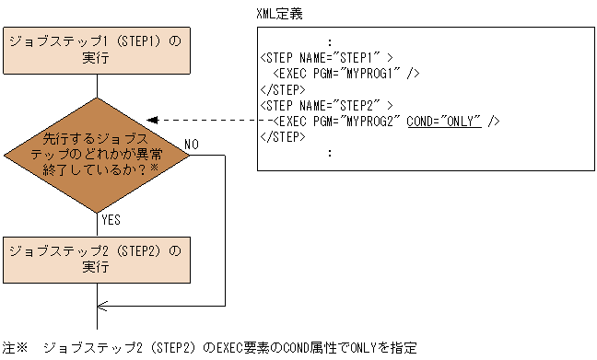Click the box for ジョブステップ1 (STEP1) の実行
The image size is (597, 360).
pos(96,50)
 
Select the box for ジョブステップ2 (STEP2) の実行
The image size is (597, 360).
pos(96,259)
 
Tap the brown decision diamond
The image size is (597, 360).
pos(96,154)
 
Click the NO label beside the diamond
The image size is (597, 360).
pos(192,145)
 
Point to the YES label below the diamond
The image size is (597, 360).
pos(111,220)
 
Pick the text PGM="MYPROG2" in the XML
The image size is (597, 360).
pos(357,121)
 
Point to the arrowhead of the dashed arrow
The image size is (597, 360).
pos(154,120)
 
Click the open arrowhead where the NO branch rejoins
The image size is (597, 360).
pos(101,306)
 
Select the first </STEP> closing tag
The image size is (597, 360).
pos(283,88)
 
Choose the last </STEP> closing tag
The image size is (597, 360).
pos(283,137)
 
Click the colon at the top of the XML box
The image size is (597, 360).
pos(329,41)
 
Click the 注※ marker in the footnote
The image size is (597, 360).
pos(16,349)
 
